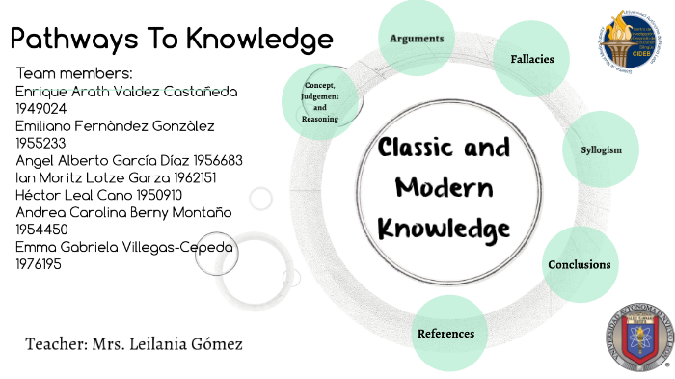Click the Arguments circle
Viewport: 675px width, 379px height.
417,40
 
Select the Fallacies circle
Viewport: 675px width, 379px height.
531,59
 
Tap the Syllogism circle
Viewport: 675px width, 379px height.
601,150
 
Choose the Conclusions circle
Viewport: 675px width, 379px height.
579,264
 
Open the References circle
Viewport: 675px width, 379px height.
445,334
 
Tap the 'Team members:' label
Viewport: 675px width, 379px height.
74,73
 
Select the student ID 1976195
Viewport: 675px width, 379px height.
39,264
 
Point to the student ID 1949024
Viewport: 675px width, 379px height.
39,108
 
